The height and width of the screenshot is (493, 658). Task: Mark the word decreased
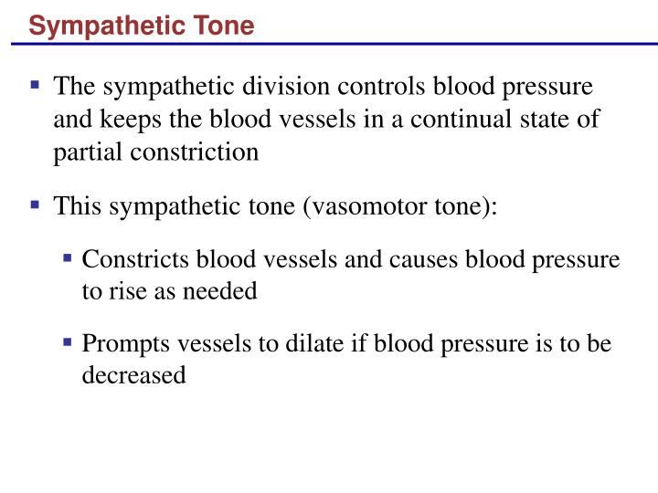pos(134,375)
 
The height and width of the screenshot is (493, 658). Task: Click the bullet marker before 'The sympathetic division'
pos(36,86)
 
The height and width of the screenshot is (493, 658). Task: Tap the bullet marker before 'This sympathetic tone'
pos(36,205)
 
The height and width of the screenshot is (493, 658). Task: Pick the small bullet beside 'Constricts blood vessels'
pos(68,259)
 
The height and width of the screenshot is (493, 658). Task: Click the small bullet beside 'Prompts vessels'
pos(68,343)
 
